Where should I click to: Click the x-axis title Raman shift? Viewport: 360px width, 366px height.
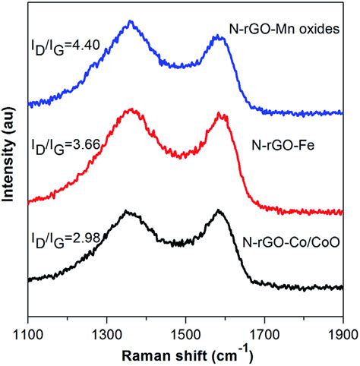click(185, 354)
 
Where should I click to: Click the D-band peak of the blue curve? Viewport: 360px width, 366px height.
click(131, 22)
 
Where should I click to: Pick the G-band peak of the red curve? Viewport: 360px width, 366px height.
click(222, 115)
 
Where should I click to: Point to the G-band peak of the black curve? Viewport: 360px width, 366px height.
click(219, 210)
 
